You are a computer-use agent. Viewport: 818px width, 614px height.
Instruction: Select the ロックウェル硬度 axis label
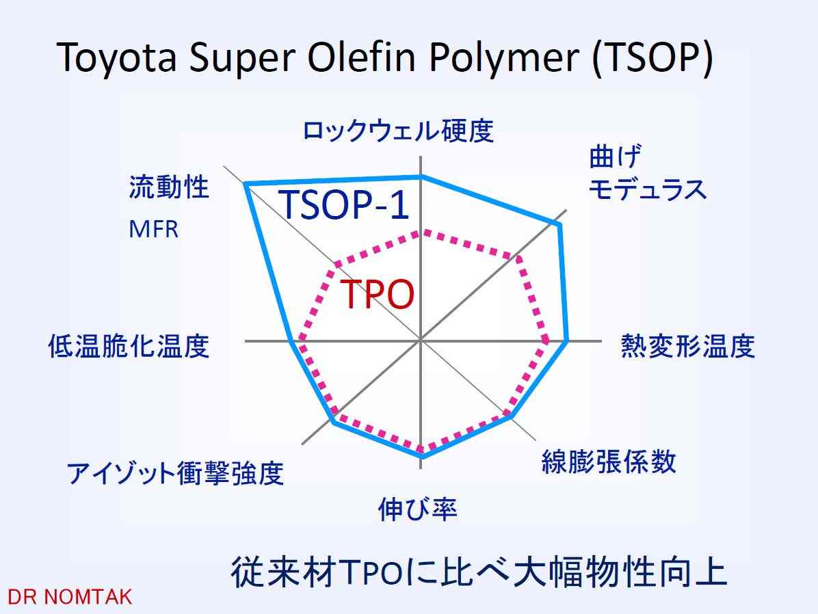pos(398,131)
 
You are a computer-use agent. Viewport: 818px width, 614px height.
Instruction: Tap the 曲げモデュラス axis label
pos(648,173)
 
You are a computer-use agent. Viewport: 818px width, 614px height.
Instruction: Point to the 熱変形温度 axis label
pos(687,346)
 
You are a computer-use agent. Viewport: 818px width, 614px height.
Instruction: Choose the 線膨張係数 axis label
pos(609,461)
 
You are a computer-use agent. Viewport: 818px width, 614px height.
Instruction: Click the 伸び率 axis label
pos(417,509)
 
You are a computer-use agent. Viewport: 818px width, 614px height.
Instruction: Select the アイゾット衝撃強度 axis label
pos(175,473)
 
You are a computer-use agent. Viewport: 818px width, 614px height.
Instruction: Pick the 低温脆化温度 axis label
pos(129,346)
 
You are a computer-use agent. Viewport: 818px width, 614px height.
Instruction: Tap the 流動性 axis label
pos(169,187)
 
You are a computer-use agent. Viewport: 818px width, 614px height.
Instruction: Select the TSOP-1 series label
pos(344,204)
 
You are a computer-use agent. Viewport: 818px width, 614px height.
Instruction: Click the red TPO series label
pos(377,294)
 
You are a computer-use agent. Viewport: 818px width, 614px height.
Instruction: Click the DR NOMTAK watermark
pos(70,597)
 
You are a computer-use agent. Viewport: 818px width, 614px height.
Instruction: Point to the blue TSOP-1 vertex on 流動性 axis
pos(245,184)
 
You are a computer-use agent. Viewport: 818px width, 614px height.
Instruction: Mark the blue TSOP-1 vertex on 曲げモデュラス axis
pos(559,225)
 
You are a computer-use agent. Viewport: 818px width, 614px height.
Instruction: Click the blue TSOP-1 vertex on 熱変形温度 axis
pos(566,341)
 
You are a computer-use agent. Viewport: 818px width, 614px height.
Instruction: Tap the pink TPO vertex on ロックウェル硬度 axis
pos(421,232)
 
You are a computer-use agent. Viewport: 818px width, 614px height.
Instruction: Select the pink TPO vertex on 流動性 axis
pos(335,265)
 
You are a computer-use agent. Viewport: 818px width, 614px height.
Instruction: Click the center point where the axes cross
pos(421,341)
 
